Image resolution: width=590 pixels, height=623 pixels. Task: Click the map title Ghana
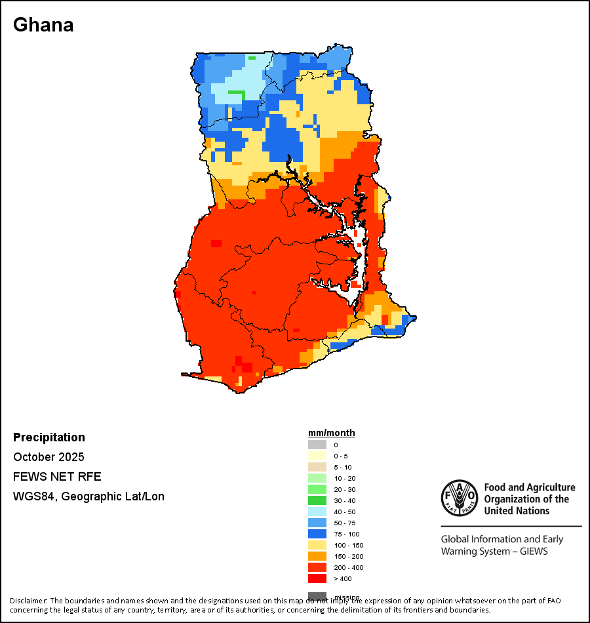(x=43, y=25)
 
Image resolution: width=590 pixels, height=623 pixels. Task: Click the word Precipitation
(x=49, y=437)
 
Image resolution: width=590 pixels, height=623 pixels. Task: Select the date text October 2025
(x=49, y=457)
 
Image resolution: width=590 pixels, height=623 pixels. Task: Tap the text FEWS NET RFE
(x=57, y=477)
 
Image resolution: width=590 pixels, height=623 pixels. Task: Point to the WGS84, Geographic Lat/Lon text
(x=88, y=496)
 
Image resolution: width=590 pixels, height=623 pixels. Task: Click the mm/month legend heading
(x=332, y=433)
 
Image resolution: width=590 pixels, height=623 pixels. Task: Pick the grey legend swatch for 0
(x=317, y=445)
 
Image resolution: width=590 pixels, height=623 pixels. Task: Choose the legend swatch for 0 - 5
(x=317, y=456)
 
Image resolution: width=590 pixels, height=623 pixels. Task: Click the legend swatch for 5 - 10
(x=317, y=467)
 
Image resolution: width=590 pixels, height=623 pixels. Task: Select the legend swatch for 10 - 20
(x=317, y=478)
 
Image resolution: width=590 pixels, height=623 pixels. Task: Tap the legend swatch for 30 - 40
(x=317, y=500)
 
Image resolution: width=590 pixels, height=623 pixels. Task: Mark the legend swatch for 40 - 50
(x=317, y=512)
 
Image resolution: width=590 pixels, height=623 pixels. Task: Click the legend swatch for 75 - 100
(x=317, y=534)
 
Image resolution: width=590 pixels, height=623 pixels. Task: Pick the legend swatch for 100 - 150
(x=317, y=545)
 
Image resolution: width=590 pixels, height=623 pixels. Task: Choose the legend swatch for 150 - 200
(x=317, y=556)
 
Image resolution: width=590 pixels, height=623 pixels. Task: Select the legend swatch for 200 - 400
(x=317, y=567)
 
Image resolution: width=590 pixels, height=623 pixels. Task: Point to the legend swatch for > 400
(x=317, y=578)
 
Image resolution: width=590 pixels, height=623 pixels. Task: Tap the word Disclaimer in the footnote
(x=28, y=601)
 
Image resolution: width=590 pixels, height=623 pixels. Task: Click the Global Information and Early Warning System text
(x=502, y=545)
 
